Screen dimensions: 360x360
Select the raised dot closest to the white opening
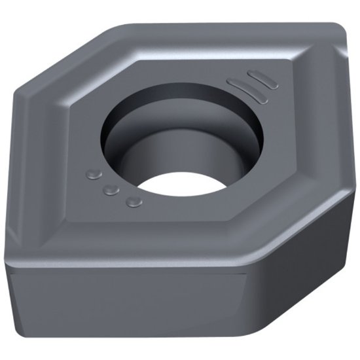[x=134, y=201]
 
